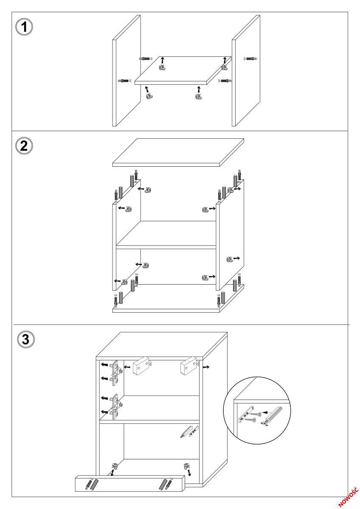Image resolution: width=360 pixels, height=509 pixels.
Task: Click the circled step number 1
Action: pyautogui.click(x=24, y=27)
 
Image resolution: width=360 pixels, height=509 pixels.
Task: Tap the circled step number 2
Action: pyautogui.click(x=24, y=145)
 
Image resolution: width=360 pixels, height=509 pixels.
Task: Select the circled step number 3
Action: pyautogui.click(x=26, y=339)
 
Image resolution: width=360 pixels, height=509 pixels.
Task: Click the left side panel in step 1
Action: pyautogui.click(x=127, y=71)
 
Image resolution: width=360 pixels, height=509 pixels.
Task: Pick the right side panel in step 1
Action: pyautogui.click(x=246, y=71)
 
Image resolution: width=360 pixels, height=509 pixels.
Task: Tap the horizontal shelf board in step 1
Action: pyautogui.click(x=183, y=70)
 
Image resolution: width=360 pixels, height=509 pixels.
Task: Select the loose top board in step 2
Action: pyautogui.click(x=178, y=152)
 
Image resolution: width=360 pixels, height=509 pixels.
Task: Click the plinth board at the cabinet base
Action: pyautogui.click(x=130, y=486)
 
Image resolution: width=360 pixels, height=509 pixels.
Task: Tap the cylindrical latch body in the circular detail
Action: pyautogui.click(x=274, y=416)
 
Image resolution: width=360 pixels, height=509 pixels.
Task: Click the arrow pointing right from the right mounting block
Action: pyautogui.click(x=206, y=367)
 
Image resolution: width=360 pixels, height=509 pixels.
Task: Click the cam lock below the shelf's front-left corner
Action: pyautogui.click(x=149, y=96)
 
